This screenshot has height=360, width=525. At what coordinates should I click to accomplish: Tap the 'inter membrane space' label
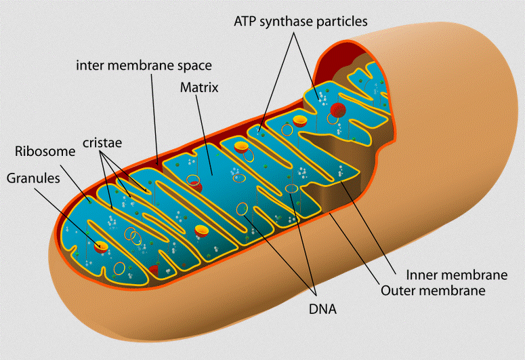click(144, 66)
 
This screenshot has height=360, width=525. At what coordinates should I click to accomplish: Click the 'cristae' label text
click(104, 143)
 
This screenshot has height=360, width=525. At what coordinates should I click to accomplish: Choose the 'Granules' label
click(33, 179)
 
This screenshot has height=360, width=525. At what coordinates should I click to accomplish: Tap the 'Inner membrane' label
click(457, 275)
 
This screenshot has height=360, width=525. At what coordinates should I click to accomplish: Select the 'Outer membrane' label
click(433, 291)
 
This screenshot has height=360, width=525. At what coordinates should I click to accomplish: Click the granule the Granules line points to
click(101, 245)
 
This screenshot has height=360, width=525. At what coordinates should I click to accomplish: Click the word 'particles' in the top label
click(344, 22)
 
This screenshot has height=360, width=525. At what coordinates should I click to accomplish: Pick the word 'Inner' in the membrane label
click(421, 275)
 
